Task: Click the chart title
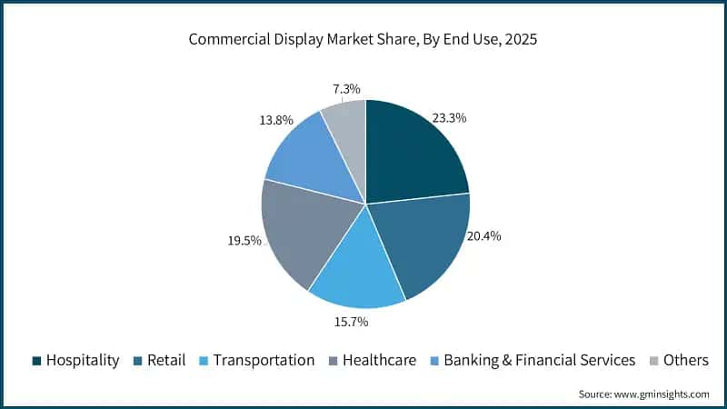(x=363, y=40)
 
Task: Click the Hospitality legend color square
(x=36, y=361)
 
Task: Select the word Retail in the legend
(x=165, y=361)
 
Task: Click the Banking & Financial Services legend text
(x=540, y=361)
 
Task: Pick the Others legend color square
(x=652, y=361)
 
